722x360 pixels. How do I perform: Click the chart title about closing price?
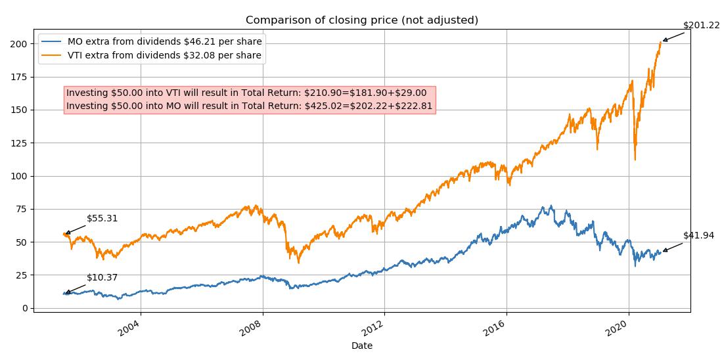pyautogui.click(x=362, y=20)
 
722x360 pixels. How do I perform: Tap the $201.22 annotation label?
pyautogui.click(x=701, y=26)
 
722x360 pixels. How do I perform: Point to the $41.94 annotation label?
pyautogui.click(x=698, y=235)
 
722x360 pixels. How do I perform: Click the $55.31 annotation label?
pyautogui.click(x=102, y=218)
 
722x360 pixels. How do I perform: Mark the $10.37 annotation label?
pyautogui.click(x=102, y=278)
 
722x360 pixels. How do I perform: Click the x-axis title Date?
pyautogui.click(x=362, y=346)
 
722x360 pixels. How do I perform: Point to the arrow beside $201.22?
pyautogui.click(x=674, y=37)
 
